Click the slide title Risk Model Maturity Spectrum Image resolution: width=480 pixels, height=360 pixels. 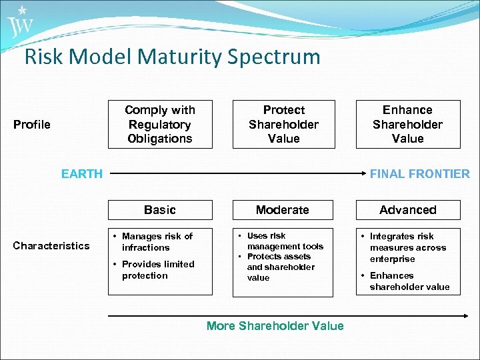coord(172,57)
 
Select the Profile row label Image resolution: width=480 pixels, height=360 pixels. coord(32,125)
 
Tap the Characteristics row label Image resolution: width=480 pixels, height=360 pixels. coord(51,246)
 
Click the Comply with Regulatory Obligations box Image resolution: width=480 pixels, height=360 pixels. coord(160,124)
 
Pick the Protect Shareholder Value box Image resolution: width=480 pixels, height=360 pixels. coord(283,124)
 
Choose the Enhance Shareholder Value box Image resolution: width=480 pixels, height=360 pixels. coord(407,124)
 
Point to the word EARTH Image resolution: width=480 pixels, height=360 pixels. coord(82,174)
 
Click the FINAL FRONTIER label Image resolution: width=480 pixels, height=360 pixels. coord(419,174)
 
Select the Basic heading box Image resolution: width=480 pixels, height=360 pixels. coord(160,210)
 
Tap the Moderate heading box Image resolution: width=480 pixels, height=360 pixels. coord(283,210)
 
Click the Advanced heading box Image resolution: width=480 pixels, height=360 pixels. coord(407,210)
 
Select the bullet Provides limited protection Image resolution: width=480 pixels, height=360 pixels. coord(157,270)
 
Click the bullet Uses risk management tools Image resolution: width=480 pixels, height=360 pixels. coord(284,241)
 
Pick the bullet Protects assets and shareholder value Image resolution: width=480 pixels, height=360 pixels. coord(280,267)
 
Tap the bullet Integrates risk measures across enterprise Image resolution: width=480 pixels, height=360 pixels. coord(407,247)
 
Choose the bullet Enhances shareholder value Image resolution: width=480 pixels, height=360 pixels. coord(409,281)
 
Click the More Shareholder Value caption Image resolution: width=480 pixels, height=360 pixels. coord(275,326)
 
